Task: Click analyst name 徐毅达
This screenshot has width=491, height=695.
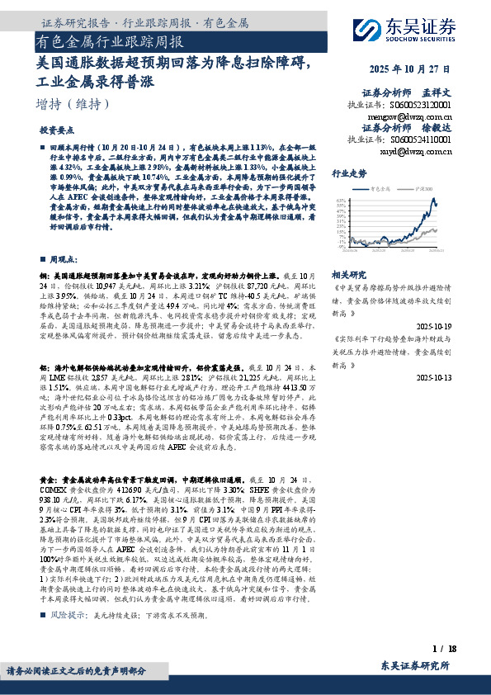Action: [437, 129]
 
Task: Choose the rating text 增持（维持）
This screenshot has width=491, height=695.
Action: [73, 104]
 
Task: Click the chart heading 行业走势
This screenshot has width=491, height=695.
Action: [348, 174]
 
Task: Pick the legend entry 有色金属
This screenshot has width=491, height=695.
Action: [392, 189]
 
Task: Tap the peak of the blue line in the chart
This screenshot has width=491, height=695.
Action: [433, 199]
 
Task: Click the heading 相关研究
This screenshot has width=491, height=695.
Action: [348, 272]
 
